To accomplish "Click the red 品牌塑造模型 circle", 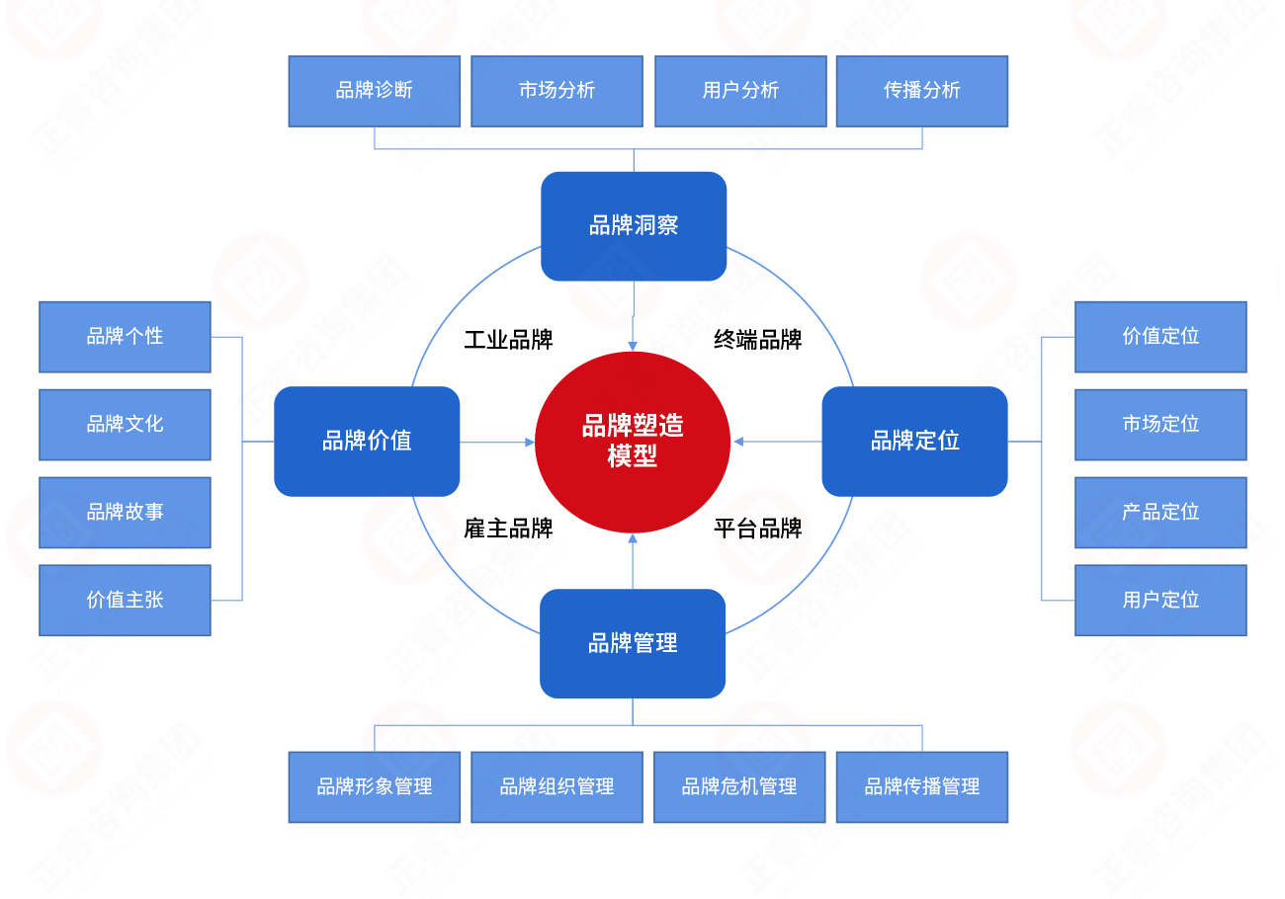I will pos(633,442).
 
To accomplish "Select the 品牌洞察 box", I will pos(634,225).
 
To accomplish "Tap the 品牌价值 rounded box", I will pos(367,441).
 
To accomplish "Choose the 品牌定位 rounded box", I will pos(914,441).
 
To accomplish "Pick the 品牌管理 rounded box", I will pos(633,643).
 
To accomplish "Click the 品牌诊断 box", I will pos(375,91).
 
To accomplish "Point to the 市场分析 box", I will pos(557,91).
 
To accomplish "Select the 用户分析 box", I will pos(740,91).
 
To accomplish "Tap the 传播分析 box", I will pos(922,91).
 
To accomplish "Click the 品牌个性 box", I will pos(125,337).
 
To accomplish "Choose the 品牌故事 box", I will pos(125,512).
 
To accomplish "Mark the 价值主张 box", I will pos(125,600).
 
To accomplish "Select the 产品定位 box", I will pos(1160,512).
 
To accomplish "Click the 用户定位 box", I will pos(1160,600).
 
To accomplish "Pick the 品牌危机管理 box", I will pos(739,787).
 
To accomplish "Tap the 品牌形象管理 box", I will pos(375,787).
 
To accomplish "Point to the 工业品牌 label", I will pos(508,341).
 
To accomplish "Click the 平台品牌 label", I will pos(758,529).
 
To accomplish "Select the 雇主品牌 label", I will pos(508,529).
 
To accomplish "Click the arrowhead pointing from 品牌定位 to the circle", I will pos(738,442).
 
